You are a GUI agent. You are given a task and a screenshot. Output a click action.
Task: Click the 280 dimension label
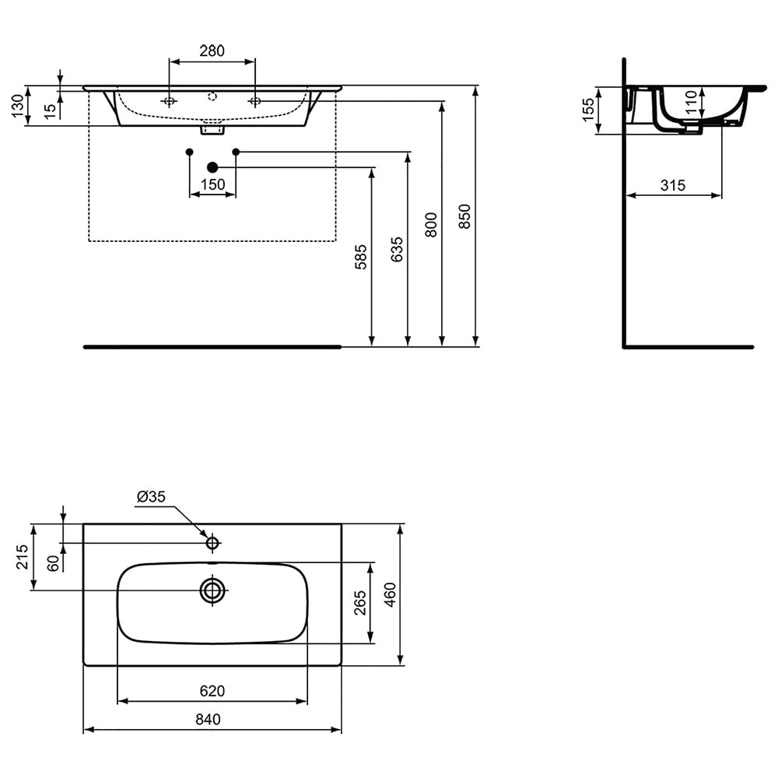click(212, 51)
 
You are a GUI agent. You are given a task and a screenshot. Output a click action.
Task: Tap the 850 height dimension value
click(464, 216)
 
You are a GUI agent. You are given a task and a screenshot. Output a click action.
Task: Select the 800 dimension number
click(431, 225)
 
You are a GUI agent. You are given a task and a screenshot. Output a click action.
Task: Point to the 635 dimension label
click(397, 250)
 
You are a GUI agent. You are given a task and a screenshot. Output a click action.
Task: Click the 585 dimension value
click(361, 257)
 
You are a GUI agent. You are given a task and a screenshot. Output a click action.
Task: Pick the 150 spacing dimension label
click(213, 184)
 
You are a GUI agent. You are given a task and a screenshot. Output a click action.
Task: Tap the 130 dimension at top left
click(17, 106)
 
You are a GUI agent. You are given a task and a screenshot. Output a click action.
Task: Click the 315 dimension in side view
click(673, 186)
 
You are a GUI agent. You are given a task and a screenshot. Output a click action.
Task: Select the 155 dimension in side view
click(587, 110)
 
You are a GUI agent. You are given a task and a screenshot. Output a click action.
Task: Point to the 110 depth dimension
click(691, 102)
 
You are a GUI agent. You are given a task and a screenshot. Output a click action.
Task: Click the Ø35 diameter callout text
click(151, 496)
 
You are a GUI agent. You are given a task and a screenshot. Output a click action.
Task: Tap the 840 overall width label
click(208, 719)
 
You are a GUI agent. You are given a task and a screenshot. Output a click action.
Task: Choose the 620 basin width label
click(212, 691)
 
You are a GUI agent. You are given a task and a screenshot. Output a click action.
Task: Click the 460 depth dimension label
click(390, 595)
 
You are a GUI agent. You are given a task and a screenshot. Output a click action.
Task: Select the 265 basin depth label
click(360, 603)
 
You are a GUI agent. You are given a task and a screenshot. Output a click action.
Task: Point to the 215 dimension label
click(22, 557)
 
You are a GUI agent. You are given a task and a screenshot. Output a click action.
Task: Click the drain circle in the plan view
click(212, 591)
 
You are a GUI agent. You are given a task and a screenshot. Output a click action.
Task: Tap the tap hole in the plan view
click(212, 543)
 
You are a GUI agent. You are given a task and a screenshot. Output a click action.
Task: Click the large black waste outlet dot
click(212, 167)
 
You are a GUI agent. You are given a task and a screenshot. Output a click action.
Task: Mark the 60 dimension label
click(53, 563)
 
